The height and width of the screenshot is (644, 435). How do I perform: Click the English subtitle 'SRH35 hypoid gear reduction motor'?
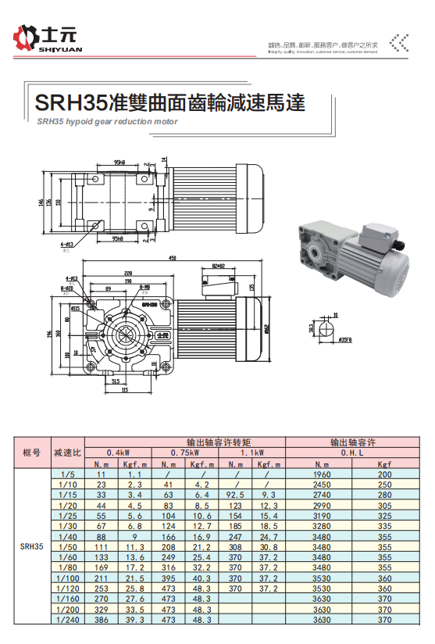click(107, 122)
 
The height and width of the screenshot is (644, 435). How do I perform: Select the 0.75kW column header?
click(185, 453)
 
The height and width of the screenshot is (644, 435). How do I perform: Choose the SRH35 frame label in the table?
click(31, 547)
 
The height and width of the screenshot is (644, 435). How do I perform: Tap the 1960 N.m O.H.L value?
click(321, 474)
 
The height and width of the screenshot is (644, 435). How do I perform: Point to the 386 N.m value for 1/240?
click(102, 619)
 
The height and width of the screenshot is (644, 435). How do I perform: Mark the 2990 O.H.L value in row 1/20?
click(321, 506)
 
